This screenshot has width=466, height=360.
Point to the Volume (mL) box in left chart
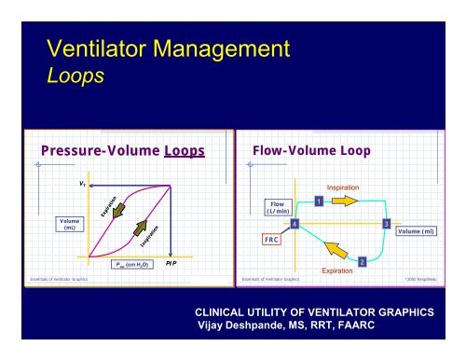[62, 223]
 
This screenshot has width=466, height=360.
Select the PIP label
[171, 265]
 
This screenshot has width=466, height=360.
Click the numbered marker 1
[319, 201]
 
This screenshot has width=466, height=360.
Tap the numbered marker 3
[385, 224]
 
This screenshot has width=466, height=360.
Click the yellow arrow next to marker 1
[344, 201]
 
